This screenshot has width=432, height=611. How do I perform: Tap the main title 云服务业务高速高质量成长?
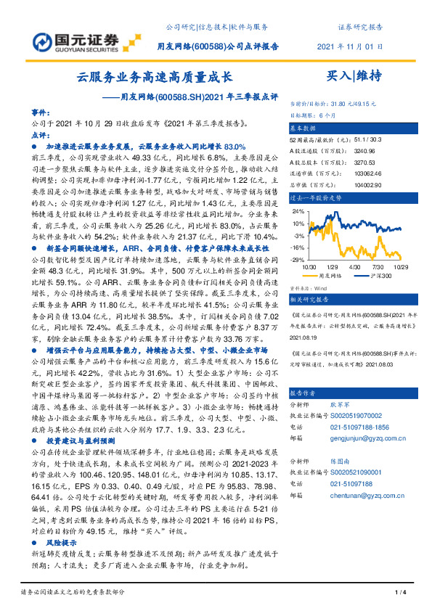point(155,75)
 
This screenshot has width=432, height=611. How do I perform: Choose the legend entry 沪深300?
point(378,276)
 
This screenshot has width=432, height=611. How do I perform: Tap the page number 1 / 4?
point(399,593)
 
